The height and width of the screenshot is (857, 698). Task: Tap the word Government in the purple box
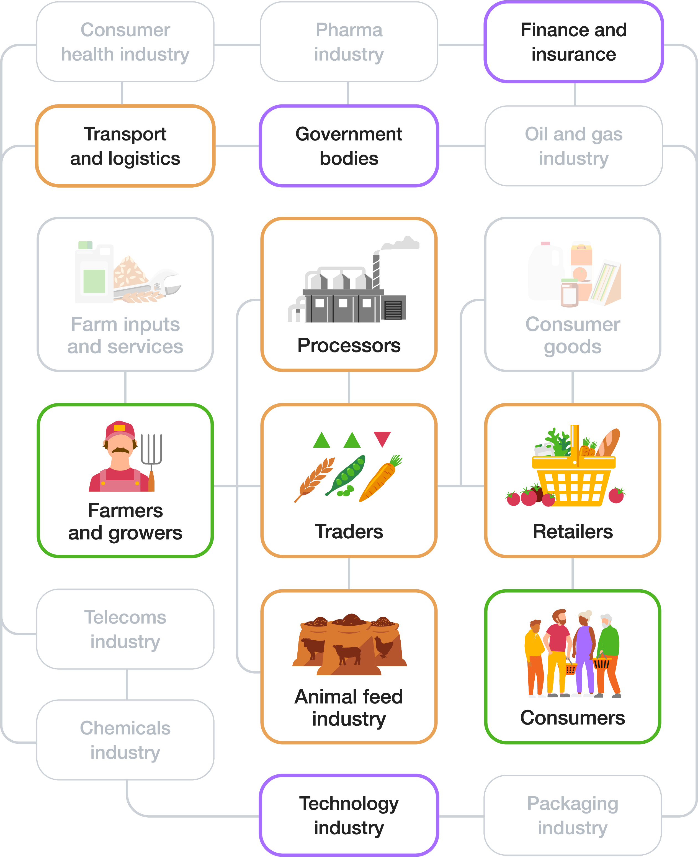click(349, 134)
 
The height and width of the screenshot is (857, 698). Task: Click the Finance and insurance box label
click(573, 42)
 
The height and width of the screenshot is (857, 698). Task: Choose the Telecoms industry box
click(125, 629)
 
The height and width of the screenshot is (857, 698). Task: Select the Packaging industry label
click(573, 815)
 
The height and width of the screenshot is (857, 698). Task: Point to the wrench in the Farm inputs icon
click(161, 286)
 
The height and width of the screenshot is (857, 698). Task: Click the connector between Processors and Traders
click(349, 387)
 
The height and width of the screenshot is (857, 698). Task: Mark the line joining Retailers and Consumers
click(573, 573)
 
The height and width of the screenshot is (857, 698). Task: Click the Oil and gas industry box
click(573, 146)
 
